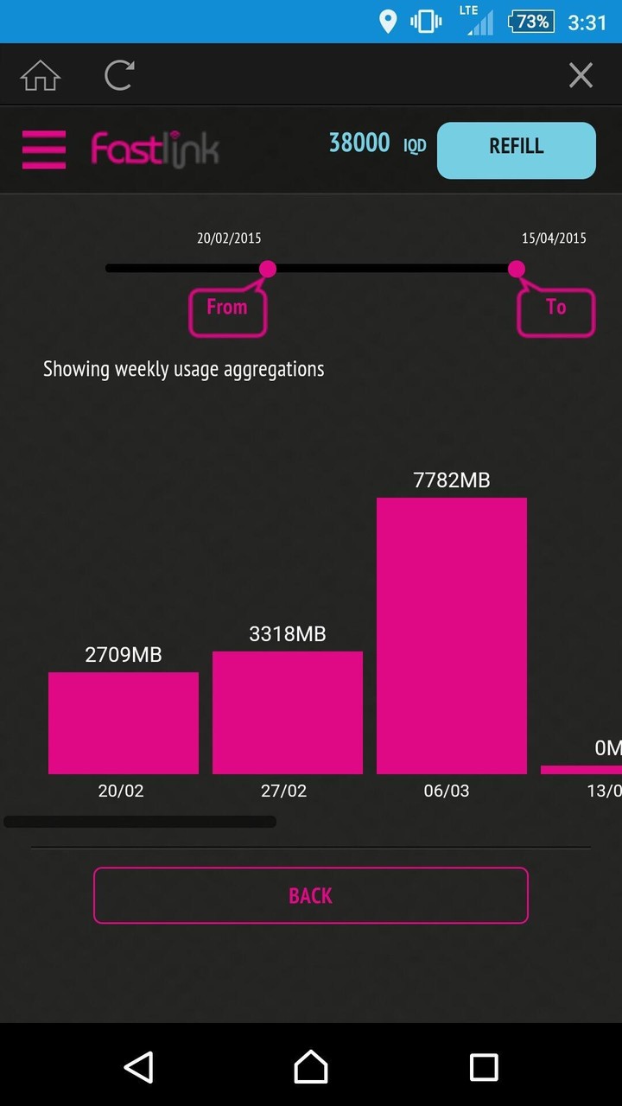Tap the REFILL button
pos(517,150)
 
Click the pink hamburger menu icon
pos(44,149)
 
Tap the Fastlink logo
pos(155,149)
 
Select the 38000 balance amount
pos(359,143)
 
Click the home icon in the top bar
pos(41,76)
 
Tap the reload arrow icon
pos(119,75)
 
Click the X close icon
pos(581,76)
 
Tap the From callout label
pos(227,308)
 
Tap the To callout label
pos(556,308)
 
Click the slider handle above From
pos(268,269)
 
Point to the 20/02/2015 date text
pos(229,238)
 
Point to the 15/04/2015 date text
pos(554,238)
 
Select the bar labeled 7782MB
pos(452,635)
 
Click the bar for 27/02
pos(288,712)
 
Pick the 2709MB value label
pos(124,655)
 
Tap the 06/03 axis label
pos(447,791)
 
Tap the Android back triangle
pos(139,1067)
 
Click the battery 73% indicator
pos(530,22)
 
